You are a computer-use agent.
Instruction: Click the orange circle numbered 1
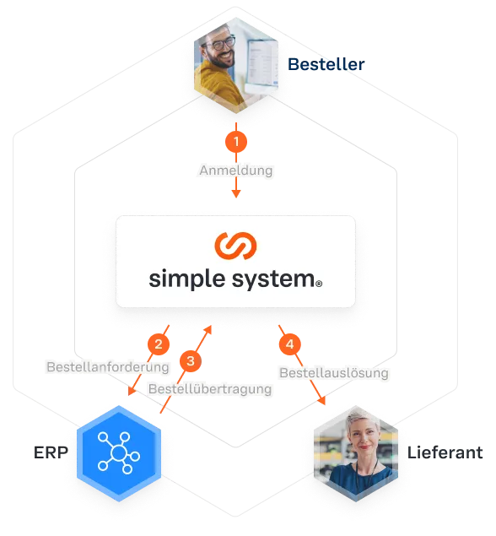(x=236, y=142)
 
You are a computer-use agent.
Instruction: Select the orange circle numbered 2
(x=159, y=344)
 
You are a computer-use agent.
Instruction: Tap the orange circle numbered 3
(x=191, y=360)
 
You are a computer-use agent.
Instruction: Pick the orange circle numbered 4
(x=289, y=344)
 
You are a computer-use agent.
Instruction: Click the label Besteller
(x=326, y=64)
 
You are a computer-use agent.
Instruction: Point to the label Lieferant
(x=445, y=452)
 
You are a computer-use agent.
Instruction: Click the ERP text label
(x=51, y=452)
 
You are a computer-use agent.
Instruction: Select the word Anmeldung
(x=236, y=171)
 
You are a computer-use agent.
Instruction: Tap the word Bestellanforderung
(x=108, y=367)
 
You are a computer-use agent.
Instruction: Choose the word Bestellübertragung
(x=210, y=389)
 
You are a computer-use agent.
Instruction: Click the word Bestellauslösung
(x=334, y=372)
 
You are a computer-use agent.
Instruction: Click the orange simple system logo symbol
(x=235, y=246)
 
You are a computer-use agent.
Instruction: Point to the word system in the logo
(x=273, y=279)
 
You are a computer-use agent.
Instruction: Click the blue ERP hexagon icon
(x=119, y=453)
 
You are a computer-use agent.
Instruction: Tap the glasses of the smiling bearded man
(x=221, y=43)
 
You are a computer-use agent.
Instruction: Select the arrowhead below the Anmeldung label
(x=236, y=194)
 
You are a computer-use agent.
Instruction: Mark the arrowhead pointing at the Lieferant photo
(x=321, y=401)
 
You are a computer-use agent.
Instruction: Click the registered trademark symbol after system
(x=319, y=284)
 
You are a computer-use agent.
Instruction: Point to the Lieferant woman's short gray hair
(x=361, y=420)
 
